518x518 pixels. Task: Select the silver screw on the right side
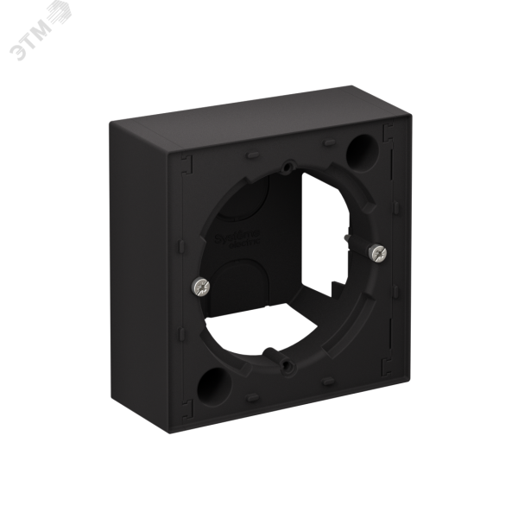[376, 252]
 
